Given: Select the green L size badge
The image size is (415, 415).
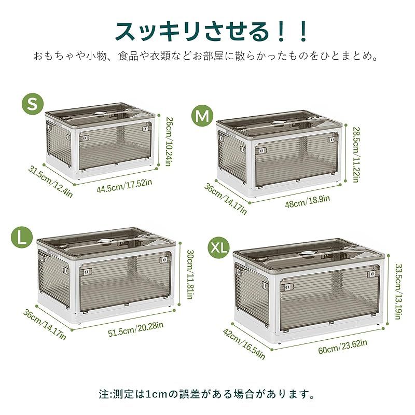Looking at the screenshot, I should [x=21, y=237].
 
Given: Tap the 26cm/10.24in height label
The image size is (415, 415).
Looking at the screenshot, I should [x=169, y=141].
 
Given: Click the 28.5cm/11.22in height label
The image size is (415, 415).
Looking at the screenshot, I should [x=355, y=154].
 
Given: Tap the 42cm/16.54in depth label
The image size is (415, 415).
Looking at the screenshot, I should [x=244, y=343].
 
